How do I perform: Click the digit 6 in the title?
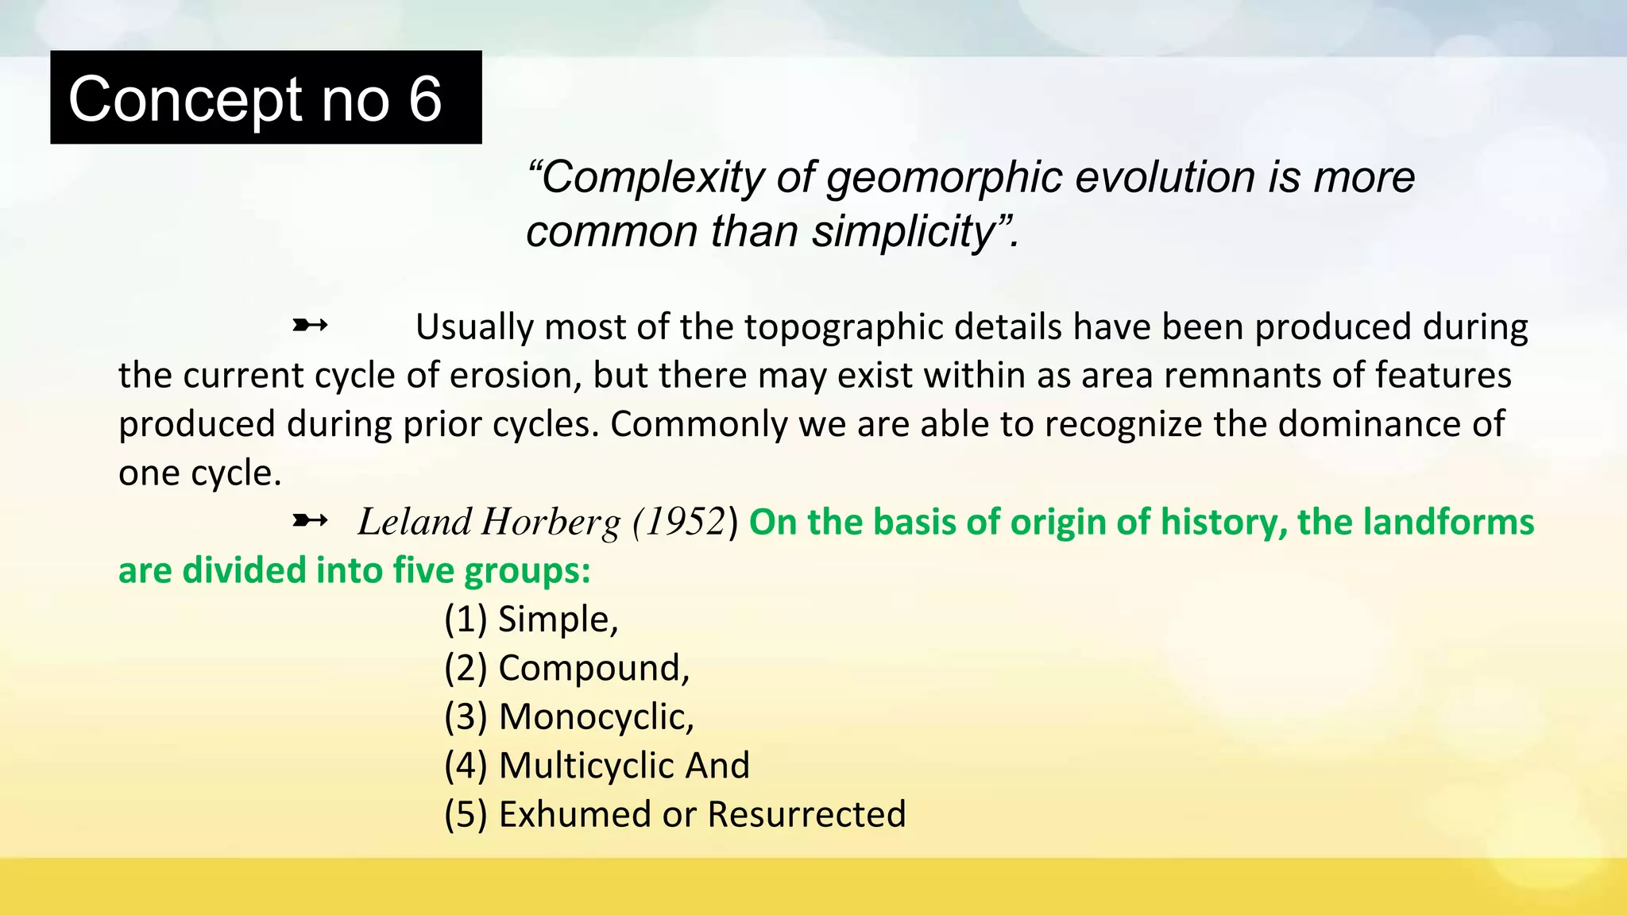[x=425, y=99]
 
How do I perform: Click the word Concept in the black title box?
[x=185, y=101]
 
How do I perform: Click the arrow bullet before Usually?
[x=310, y=325]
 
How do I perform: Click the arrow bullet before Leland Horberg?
[x=310, y=521]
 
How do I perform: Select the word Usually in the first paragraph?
[x=473, y=328]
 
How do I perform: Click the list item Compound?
[x=592, y=669]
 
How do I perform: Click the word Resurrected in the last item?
[x=806, y=814]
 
